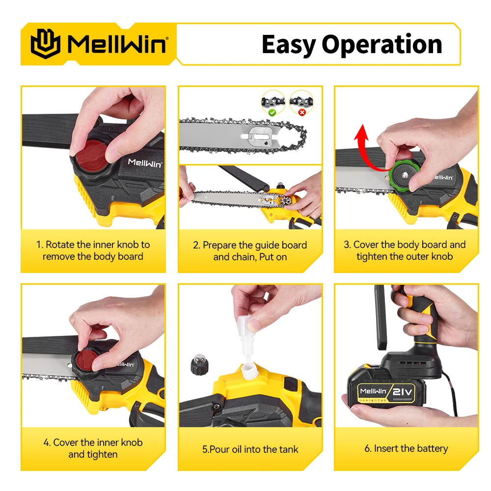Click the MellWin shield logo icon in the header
click(45, 44)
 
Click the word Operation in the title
click(382, 45)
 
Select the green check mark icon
click(272, 112)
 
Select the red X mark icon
click(302, 112)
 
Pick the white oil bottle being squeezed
click(247, 338)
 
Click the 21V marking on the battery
click(403, 391)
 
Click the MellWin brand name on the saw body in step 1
click(145, 163)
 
